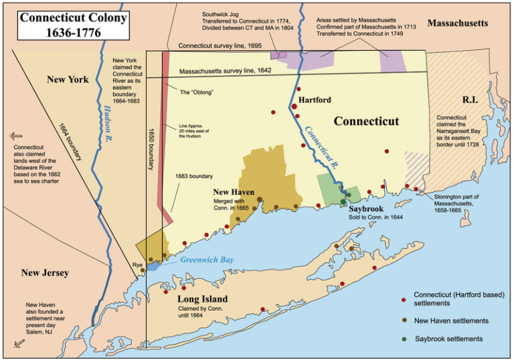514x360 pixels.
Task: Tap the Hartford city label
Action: click(x=314, y=100)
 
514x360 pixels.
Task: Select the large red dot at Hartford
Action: click(x=294, y=106)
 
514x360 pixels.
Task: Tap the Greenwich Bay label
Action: click(x=207, y=260)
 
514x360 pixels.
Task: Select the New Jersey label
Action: click(x=45, y=273)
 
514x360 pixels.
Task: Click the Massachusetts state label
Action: click(x=458, y=23)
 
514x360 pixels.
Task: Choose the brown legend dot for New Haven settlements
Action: click(x=404, y=321)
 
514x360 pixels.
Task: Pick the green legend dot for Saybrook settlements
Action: click(x=404, y=339)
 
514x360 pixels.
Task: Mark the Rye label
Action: click(x=137, y=266)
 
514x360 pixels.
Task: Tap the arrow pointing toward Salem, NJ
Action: click(x=19, y=344)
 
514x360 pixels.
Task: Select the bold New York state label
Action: click(x=68, y=80)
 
